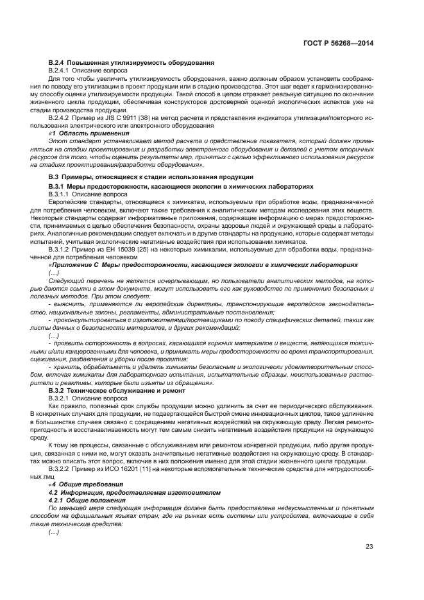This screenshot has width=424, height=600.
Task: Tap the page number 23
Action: [369, 546]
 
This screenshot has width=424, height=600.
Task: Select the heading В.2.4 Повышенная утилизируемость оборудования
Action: [131, 62]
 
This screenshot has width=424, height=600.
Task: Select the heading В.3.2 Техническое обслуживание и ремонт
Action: [121, 390]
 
